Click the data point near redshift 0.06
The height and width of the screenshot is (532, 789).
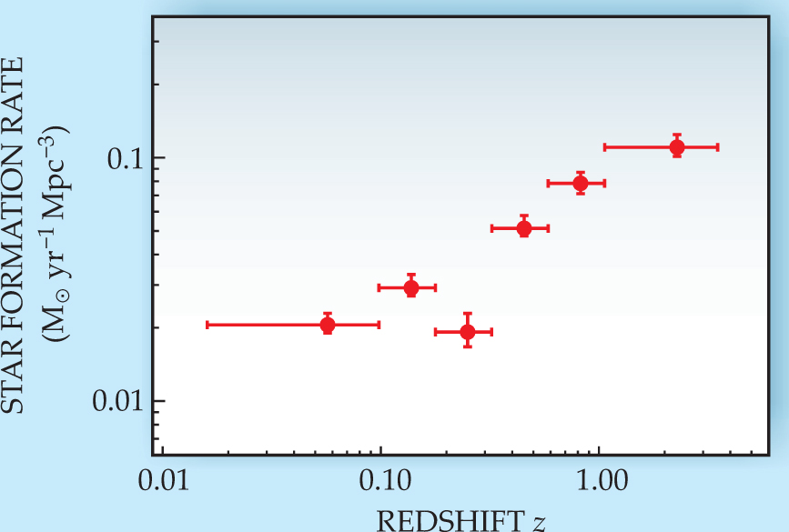(x=328, y=325)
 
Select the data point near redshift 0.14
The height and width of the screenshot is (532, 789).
(x=411, y=288)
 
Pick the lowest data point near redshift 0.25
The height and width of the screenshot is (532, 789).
(x=468, y=332)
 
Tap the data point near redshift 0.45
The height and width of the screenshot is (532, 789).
(x=524, y=228)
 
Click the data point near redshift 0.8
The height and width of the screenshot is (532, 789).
(x=580, y=183)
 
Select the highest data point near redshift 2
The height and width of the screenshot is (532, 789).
(x=677, y=147)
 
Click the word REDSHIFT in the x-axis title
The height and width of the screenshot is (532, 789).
(x=435, y=520)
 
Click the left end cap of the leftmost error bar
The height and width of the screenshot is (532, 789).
(x=207, y=325)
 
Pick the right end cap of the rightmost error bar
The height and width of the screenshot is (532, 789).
(x=718, y=146)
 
